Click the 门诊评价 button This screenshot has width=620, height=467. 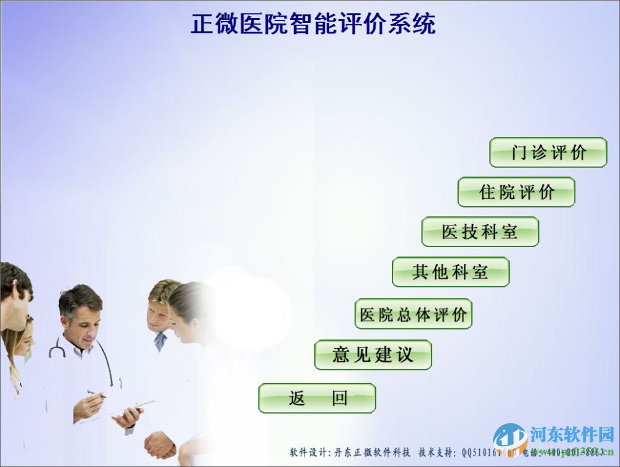pyautogui.click(x=548, y=152)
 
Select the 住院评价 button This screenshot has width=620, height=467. pyautogui.click(x=516, y=192)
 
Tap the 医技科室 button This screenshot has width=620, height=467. pyautogui.click(x=480, y=232)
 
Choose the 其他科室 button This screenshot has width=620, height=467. pyautogui.click(x=450, y=272)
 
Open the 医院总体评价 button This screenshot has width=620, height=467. pyautogui.click(x=414, y=314)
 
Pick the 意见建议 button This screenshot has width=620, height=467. pyautogui.click(x=373, y=355)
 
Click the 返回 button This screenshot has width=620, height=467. pyautogui.click(x=317, y=398)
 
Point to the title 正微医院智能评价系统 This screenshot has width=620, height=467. pyautogui.click(x=312, y=24)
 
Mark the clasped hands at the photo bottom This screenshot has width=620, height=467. pyautogui.click(x=159, y=445)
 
